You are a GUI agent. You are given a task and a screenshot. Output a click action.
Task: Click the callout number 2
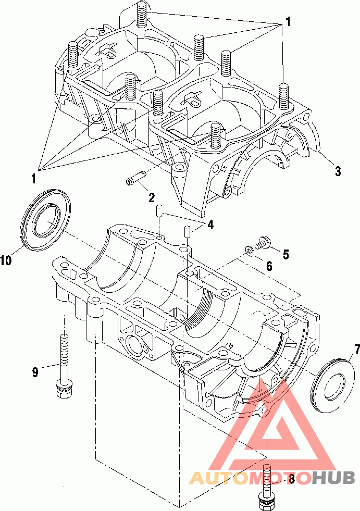[151, 197]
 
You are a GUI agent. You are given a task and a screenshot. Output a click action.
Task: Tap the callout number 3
[338, 171]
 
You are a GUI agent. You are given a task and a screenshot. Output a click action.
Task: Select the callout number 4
[210, 225]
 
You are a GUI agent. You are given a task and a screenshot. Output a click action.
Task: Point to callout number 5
[285, 254]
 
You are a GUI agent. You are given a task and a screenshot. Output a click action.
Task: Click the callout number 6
[269, 266]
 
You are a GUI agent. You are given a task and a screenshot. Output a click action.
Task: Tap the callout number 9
[35, 372]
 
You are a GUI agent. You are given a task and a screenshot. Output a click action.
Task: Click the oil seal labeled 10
[47, 219]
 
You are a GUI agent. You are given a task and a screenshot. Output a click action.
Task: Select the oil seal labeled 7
[332, 385]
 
